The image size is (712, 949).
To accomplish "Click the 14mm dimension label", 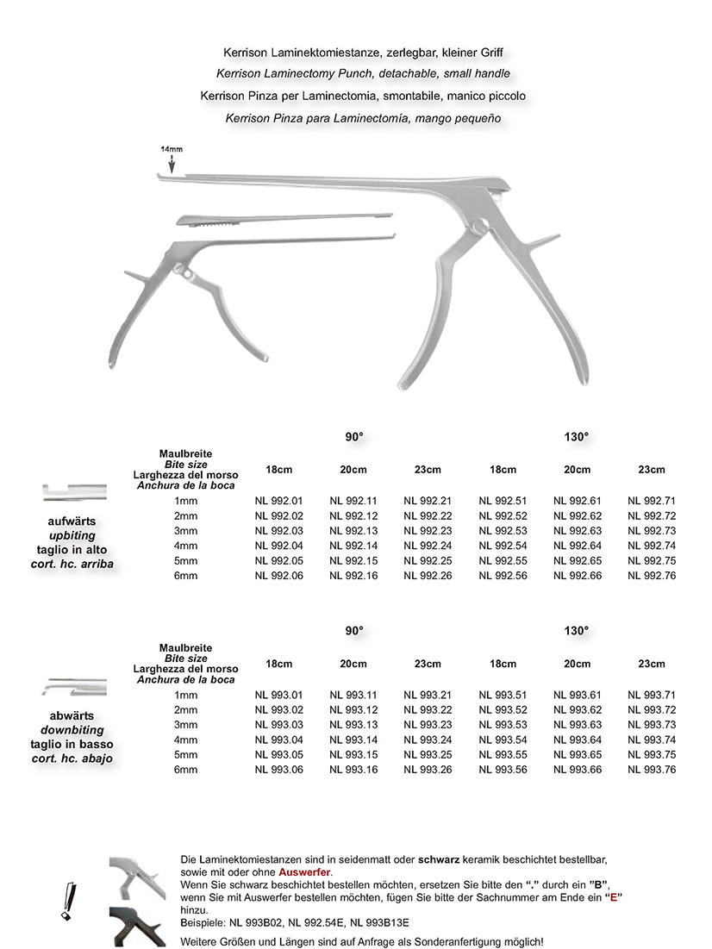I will [172, 149].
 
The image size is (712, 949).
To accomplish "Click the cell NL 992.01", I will [278, 501].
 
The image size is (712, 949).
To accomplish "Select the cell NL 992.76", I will [651, 576].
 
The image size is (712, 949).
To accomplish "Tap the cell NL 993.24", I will [427, 739].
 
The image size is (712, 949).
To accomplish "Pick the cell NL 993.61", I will [577, 695].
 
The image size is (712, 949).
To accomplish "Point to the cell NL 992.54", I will [503, 546].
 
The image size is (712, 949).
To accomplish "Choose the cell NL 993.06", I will [278, 769].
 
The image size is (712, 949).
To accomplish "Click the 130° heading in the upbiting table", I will [577, 437].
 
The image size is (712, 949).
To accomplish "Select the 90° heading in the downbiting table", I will [353, 631].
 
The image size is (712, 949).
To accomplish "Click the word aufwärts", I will [72, 521].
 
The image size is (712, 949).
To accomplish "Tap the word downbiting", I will [72, 730].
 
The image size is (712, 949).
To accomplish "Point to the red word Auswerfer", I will [304, 873].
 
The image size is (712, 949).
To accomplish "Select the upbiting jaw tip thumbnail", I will [74, 493].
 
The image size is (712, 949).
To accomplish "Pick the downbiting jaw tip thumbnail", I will [74, 687].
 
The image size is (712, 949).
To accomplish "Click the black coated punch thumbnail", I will [137, 927].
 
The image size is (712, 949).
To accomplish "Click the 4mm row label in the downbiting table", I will [185, 739].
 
